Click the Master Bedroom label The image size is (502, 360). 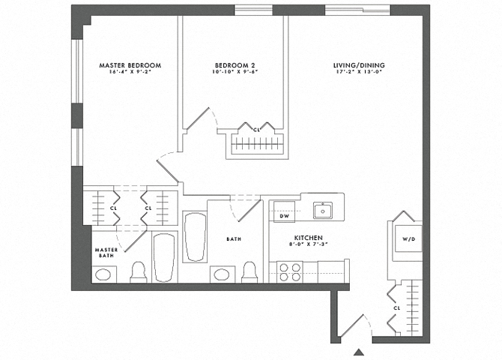tap(130, 65)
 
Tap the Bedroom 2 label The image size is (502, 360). tap(235, 65)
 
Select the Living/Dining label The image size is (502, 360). tap(359, 65)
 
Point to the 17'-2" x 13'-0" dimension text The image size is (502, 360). tap(359, 72)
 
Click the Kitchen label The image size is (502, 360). tap(309, 238)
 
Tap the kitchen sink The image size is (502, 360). tap(323, 210)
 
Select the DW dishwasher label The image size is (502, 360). tap(284, 216)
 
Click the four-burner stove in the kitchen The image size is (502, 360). tap(289, 272)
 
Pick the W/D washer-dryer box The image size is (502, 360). tap(408, 238)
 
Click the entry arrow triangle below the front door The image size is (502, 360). tap(359, 352)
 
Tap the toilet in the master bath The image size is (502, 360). tap(139, 272)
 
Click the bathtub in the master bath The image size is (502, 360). tap(164, 257)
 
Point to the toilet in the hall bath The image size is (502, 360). tap(250, 272)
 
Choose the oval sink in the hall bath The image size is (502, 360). tap(221, 274)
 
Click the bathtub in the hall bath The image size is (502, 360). tap(195, 237)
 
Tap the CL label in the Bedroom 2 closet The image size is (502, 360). tap(256, 130)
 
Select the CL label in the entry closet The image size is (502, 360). tap(397, 308)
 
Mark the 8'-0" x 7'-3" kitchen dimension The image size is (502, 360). tap(309, 244)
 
